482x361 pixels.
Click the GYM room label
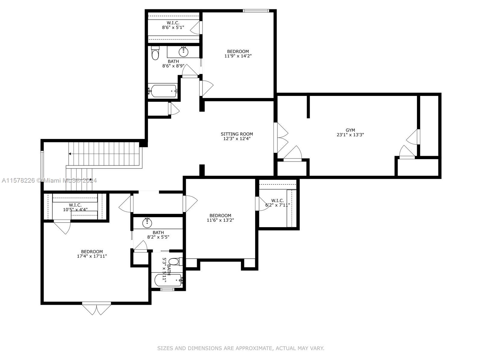point(350,130)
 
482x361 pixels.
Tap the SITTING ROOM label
point(237,134)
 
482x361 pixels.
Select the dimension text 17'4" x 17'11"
point(92,256)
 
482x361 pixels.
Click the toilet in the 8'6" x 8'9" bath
point(155,54)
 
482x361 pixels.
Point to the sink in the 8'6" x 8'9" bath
point(183,52)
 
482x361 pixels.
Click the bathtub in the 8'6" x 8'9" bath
point(163,91)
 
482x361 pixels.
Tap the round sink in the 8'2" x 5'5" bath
point(147,223)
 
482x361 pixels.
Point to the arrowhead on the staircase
point(70,154)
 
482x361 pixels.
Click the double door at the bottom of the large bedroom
point(96,309)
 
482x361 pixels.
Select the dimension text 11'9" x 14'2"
point(238,56)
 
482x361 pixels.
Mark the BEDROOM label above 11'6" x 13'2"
point(220,215)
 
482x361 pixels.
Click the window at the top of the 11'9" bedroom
point(255,11)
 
